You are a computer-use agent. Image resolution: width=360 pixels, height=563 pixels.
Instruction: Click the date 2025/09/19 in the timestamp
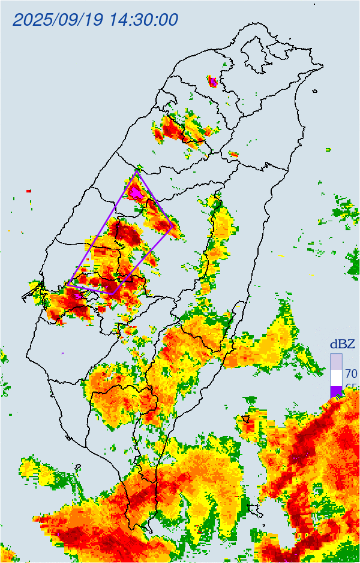[x=58, y=20]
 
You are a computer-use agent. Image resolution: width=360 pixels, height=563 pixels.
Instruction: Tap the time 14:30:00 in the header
[x=144, y=20]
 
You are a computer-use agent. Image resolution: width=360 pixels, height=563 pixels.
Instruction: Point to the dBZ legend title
[x=343, y=344]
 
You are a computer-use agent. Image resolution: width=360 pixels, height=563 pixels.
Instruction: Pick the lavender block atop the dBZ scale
[x=336, y=361]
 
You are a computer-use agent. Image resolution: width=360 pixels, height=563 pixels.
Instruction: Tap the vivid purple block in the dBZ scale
[x=336, y=391]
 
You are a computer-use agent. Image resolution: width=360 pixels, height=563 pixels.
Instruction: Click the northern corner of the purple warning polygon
[x=137, y=171]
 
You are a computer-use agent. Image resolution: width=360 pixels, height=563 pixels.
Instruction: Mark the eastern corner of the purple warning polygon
[x=174, y=226]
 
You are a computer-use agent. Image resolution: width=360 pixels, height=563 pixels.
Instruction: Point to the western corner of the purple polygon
[x=68, y=284]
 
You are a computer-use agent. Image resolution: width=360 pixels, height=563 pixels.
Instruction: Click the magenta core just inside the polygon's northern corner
[x=136, y=192]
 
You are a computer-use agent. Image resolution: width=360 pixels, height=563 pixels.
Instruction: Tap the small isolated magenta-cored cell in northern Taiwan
[x=212, y=81]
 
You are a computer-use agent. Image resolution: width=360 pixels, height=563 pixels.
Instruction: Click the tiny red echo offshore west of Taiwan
[x=28, y=191]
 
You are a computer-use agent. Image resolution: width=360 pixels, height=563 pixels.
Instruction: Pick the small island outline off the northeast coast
[x=316, y=91]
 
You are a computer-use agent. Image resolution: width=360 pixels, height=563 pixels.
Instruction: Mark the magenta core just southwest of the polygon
[x=77, y=295]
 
